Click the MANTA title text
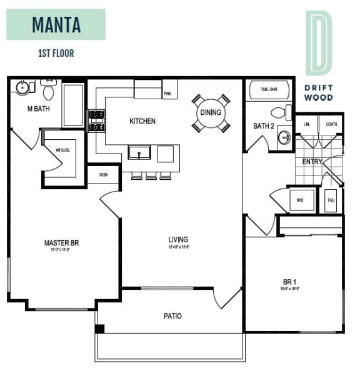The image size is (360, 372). [x=56, y=25]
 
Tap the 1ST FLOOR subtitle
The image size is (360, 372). [x=56, y=53]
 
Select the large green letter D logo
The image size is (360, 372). [x=319, y=42]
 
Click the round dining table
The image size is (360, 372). [x=211, y=112]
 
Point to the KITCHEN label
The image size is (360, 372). [x=142, y=121]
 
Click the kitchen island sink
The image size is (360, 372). [x=138, y=152]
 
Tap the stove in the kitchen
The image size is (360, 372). [x=96, y=121]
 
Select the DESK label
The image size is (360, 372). [x=103, y=175]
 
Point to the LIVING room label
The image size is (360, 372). [x=178, y=240]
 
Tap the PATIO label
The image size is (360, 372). [x=172, y=316]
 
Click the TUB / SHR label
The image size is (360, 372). [x=268, y=90]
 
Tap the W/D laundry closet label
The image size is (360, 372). [x=299, y=200]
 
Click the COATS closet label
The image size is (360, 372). [x=331, y=124]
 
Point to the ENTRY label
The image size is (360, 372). [x=312, y=162]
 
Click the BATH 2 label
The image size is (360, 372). [x=263, y=126]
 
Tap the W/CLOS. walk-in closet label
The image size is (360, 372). [x=62, y=149]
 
